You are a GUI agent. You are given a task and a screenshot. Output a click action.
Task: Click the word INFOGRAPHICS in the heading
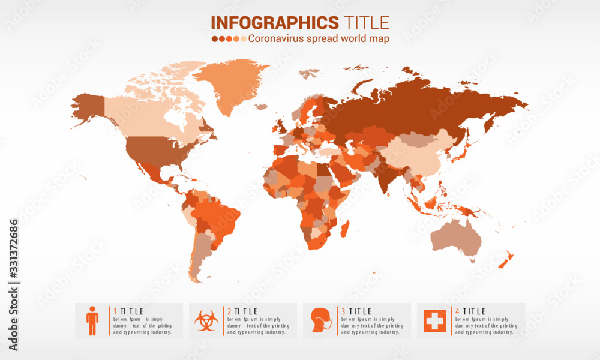click(x=275, y=23)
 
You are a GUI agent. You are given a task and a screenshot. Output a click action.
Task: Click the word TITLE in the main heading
click(x=367, y=23)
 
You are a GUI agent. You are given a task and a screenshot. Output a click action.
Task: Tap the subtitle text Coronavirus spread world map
click(x=318, y=38)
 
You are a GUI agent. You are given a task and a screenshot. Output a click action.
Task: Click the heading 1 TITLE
click(x=129, y=311)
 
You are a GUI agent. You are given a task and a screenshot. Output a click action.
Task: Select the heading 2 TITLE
click(x=242, y=311)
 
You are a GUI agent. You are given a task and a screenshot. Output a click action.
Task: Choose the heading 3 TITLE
click(x=356, y=311)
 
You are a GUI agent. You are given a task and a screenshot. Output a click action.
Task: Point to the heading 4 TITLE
click(x=470, y=311)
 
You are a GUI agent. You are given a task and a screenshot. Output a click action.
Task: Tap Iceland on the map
click(x=260, y=107)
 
